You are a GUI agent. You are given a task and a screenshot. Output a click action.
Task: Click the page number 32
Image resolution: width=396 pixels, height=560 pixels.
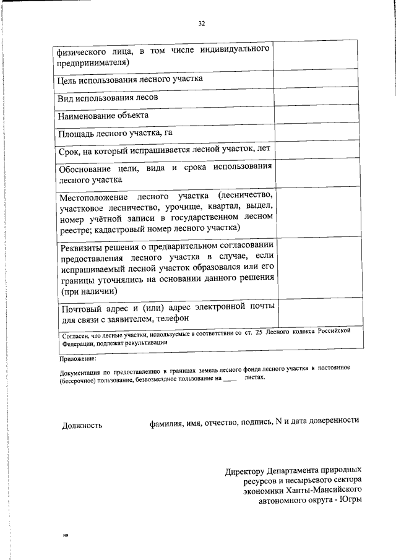tap(201, 24)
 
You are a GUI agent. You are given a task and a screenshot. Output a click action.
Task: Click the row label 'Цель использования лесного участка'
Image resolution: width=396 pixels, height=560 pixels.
tap(129, 80)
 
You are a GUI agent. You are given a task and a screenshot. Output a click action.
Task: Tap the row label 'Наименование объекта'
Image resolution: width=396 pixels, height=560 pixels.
tap(103, 116)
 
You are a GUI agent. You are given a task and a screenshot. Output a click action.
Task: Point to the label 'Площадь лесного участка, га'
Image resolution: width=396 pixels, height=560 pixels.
tap(110, 133)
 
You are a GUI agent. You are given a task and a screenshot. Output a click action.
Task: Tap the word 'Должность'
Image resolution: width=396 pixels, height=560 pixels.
tap(82, 425)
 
